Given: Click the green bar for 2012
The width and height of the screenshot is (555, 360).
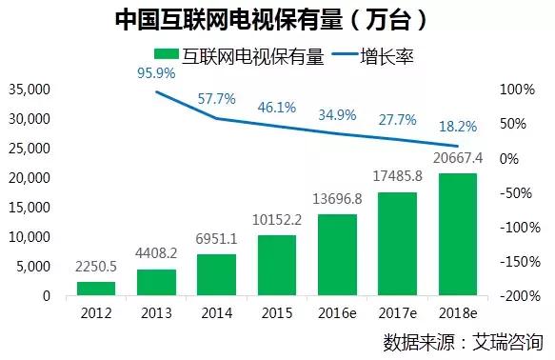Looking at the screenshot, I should (x=95, y=288).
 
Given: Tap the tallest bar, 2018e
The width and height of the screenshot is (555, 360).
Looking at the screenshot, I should (x=458, y=234).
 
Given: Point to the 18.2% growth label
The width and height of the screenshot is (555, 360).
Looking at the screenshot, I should (x=456, y=127).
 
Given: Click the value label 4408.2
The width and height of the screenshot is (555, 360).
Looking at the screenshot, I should (x=157, y=254).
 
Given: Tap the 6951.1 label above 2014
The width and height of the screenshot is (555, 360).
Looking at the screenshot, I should (x=216, y=238).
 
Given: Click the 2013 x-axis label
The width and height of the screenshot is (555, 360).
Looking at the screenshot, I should (x=156, y=313).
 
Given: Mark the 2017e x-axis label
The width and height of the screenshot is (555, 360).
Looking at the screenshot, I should (x=398, y=313).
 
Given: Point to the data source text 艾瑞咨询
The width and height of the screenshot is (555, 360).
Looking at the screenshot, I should (x=508, y=341).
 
